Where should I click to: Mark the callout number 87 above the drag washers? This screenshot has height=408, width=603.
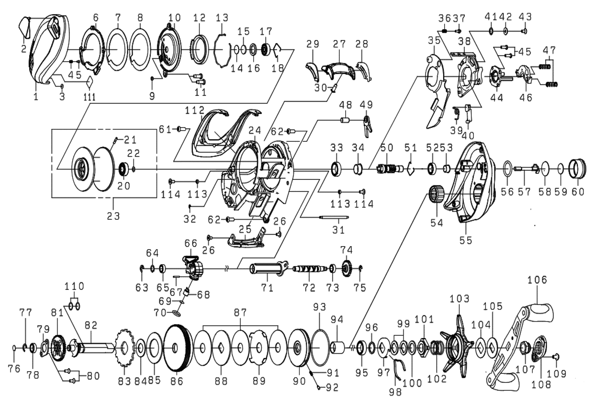(241, 312)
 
